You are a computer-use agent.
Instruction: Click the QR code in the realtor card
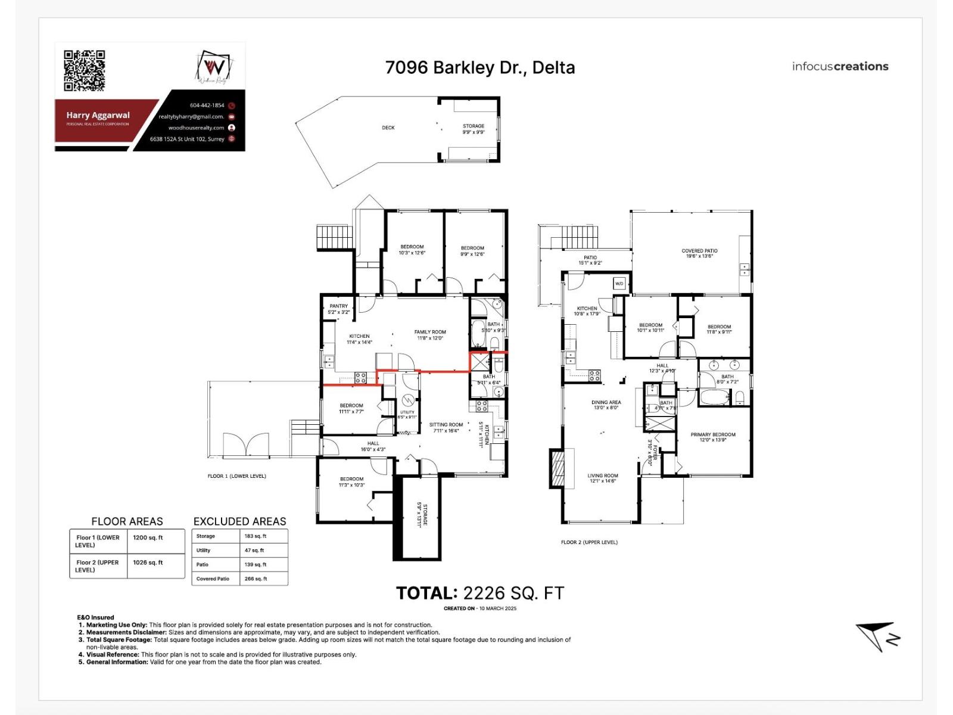click(84, 71)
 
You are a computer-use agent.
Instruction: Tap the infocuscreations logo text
click(840, 67)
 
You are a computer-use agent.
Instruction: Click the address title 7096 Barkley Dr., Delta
click(480, 67)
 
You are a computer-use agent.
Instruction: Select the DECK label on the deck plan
click(388, 128)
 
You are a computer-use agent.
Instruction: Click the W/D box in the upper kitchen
click(619, 284)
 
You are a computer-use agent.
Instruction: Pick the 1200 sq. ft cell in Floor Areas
click(148, 537)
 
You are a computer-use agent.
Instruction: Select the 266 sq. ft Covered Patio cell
click(256, 579)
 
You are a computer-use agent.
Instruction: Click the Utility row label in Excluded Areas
click(204, 551)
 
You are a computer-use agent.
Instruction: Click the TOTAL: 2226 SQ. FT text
click(480, 593)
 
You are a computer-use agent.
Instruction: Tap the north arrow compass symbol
click(877, 636)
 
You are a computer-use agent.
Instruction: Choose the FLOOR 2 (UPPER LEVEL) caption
click(589, 542)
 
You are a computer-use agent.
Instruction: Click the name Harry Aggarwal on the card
click(98, 116)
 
